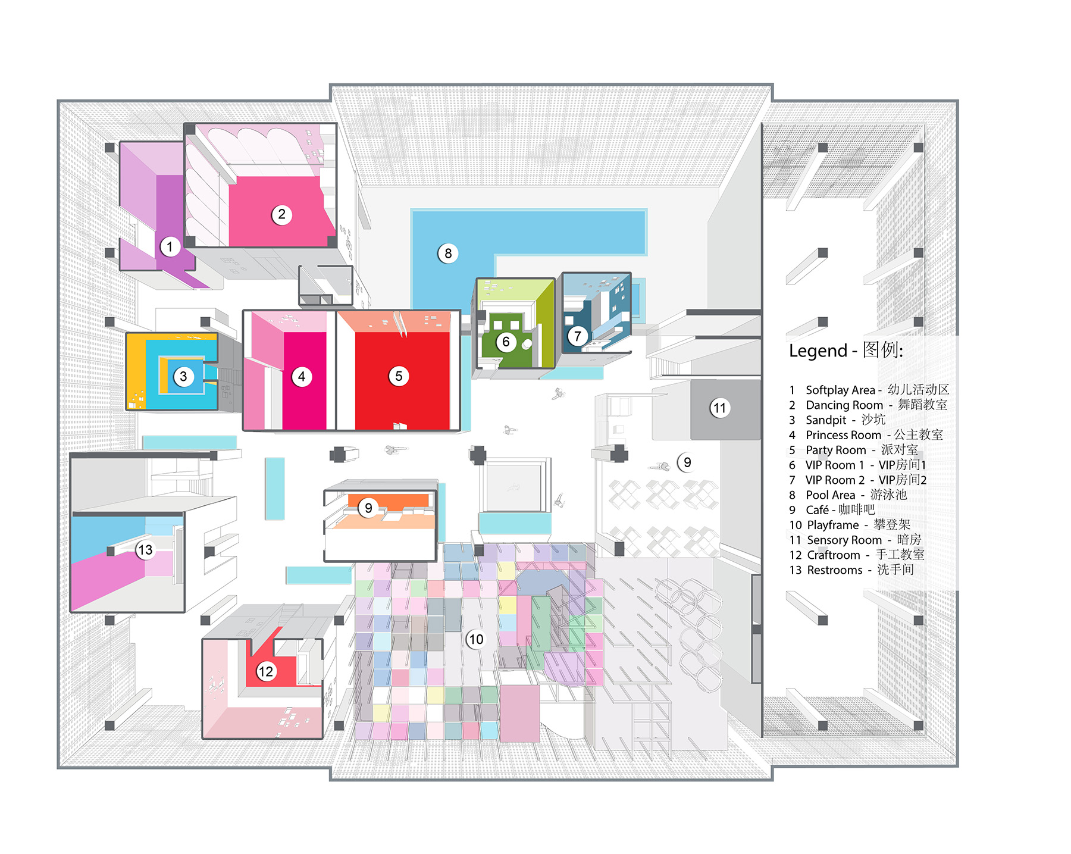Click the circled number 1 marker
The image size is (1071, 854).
click(170, 246)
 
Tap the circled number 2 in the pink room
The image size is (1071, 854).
click(282, 214)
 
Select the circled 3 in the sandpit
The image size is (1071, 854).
click(183, 376)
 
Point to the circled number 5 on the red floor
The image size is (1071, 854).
click(399, 376)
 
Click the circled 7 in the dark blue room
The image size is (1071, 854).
click(577, 336)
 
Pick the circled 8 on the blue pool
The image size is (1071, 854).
click(448, 254)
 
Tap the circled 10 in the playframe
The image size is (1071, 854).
click(475, 639)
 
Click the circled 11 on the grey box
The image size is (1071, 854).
click(720, 408)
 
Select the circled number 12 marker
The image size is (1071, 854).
click(265, 672)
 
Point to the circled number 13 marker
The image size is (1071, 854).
click(145, 550)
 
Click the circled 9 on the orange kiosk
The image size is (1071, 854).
click(368, 508)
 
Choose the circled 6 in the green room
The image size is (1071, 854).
click(506, 342)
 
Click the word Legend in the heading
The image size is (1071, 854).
click(818, 351)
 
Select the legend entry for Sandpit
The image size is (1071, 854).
click(837, 420)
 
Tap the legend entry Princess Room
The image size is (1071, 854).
click(866, 435)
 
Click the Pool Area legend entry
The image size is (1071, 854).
click(848, 495)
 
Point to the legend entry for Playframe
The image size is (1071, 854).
click(850, 525)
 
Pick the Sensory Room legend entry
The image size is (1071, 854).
click(855, 540)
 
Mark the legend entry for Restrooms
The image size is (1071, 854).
click(851, 570)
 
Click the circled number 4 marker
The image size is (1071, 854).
click(302, 376)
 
